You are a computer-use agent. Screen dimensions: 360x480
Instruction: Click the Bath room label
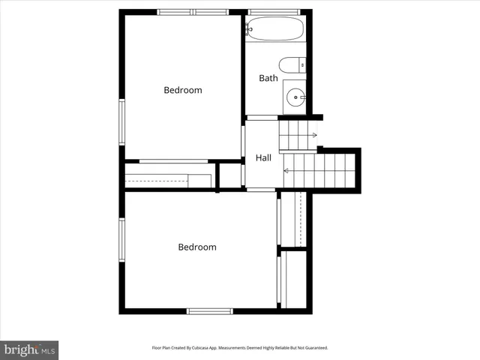268,78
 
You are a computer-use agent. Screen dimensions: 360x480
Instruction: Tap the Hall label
263,157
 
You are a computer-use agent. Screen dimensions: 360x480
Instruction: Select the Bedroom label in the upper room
183,90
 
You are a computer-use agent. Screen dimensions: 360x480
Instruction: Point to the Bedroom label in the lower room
196,247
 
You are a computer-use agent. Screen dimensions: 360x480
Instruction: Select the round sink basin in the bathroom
296,96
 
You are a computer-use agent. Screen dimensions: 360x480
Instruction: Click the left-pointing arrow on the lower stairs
286,171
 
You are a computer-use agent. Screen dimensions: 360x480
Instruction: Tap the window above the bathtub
274,12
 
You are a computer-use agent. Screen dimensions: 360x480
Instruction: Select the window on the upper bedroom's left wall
121,121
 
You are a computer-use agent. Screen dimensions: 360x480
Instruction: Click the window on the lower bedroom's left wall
121,240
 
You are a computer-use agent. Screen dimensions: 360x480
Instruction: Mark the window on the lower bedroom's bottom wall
210,310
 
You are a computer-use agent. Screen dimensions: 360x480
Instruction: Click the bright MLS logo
29,349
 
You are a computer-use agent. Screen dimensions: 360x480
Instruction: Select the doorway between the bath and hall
262,118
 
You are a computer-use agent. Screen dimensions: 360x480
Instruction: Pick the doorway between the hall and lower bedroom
261,190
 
